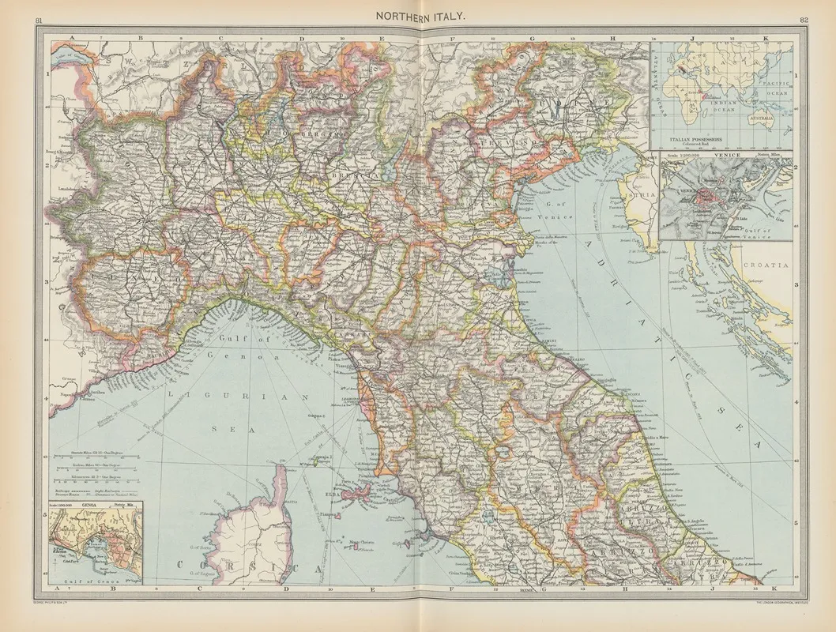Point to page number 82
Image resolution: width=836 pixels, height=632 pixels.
pos(802,18)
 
